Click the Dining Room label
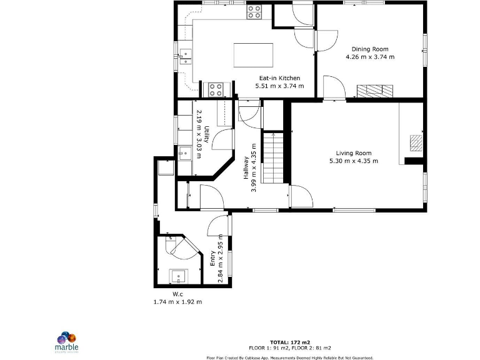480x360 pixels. (369, 49)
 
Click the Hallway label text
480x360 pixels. (246, 167)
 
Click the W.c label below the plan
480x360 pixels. (177, 294)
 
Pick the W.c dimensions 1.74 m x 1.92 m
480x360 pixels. (177, 301)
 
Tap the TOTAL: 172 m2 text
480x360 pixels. (290, 342)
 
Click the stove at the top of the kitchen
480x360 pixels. (254, 11)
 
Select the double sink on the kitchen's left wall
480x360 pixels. (186, 57)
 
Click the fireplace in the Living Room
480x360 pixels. (416, 143)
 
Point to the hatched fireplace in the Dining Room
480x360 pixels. (376, 91)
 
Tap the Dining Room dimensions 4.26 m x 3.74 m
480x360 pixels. (369, 56)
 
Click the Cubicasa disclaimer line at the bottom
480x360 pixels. (290, 357)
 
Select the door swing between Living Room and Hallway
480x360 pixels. (299, 196)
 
